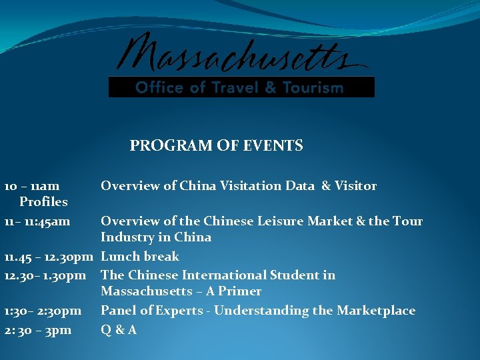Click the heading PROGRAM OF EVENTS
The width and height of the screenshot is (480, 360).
tap(216, 145)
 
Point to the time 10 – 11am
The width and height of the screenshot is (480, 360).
tap(32, 186)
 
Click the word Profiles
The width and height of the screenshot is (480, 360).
tap(43, 201)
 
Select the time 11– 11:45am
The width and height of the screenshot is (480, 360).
tap(37, 221)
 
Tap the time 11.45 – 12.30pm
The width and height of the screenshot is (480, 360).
tap(49, 257)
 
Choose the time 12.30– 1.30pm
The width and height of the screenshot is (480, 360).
tap(45, 275)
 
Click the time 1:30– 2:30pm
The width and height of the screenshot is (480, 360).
tap(43, 311)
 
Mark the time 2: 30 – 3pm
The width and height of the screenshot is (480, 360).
tap(37, 330)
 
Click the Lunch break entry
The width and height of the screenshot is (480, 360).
tap(140, 257)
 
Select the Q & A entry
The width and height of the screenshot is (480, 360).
tap(119, 330)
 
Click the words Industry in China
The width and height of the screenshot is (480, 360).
tap(156, 237)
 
